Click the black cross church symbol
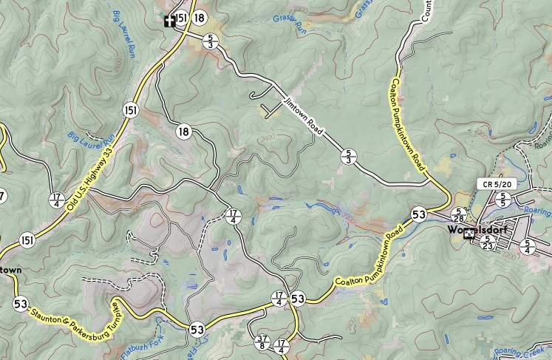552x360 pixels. pos(169,20)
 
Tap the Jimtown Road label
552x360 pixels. pos(304,116)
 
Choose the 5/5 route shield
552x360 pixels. pos(503,198)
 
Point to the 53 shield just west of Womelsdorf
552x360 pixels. pos(419,214)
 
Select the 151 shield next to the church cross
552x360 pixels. pos(181,18)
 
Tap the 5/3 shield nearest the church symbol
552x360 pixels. pos(211,40)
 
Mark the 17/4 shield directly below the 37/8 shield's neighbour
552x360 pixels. pos(281,345)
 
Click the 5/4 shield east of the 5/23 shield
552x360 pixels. pos(528,246)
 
